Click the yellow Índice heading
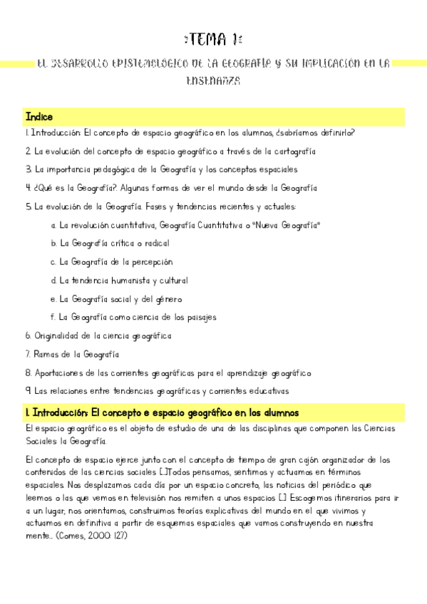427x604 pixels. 38,117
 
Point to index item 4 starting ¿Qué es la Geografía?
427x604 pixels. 170,188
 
